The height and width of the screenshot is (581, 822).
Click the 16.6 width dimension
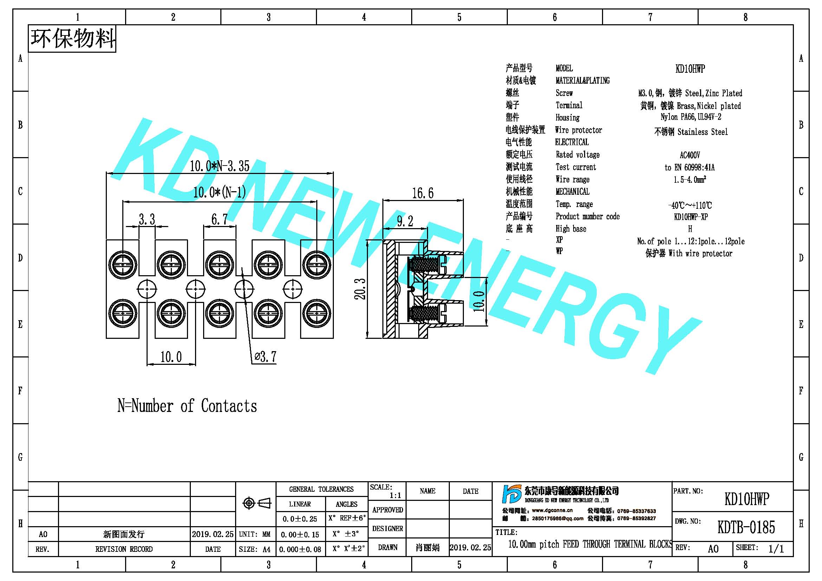point(422,193)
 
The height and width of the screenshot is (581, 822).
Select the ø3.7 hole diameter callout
point(265,356)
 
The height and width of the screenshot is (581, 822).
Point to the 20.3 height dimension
point(360,289)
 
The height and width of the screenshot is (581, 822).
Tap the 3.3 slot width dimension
point(147,219)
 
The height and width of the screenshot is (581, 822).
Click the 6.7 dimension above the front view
point(219,219)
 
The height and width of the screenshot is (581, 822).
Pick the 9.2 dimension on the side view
point(405,221)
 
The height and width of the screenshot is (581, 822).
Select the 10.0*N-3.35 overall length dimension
point(219,166)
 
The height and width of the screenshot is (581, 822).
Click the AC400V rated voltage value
point(690,155)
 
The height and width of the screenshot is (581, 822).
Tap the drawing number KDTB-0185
point(746,527)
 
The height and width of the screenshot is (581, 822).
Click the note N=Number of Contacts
point(187,406)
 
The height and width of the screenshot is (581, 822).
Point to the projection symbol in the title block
point(257,503)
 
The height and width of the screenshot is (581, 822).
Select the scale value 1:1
point(395,496)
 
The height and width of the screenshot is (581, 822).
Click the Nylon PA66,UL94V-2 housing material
point(691,117)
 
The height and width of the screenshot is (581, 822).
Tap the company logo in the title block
point(512,494)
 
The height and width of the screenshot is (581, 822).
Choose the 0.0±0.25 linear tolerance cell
point(300,519)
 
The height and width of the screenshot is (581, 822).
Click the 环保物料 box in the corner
point(72,39)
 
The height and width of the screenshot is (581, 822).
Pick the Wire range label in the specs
point(572,179)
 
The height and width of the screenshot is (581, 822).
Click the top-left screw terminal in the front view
point(122,265)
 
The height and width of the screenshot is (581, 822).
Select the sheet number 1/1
point(776,549)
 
